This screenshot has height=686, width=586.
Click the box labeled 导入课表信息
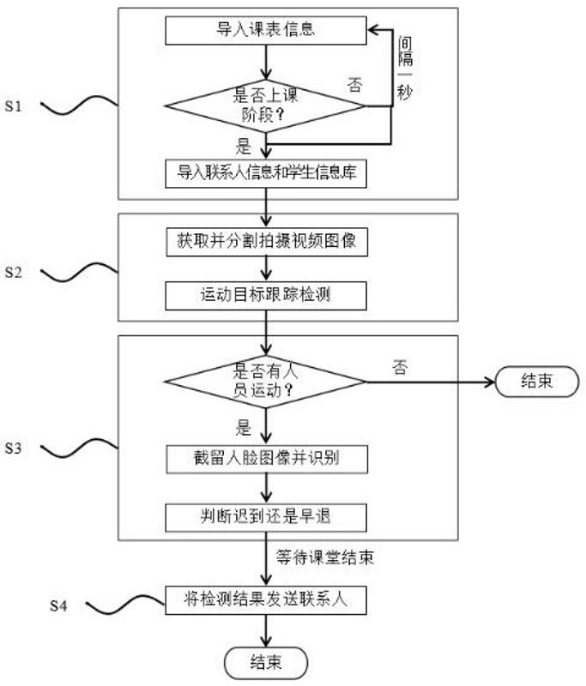click(x=266, y=31)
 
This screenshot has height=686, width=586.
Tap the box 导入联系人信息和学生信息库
click(x=266, y=172)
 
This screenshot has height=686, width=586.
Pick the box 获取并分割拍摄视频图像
click(x=266, y=243)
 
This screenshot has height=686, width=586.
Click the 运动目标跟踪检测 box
click(x=266, y=295)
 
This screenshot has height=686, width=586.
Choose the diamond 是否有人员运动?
click(x=266, y=382)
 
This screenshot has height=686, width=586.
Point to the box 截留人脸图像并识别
click(x=266, y=459)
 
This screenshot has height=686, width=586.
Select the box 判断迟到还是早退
click(x=266, y=517)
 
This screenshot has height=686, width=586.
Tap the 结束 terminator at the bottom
click(x=266, y=661)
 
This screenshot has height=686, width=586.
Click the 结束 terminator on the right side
click(x=537, y=381)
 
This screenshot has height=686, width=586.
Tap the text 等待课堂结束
click(x=324, y=557)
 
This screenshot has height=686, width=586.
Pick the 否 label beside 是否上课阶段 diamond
click(x=354, y=84)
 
